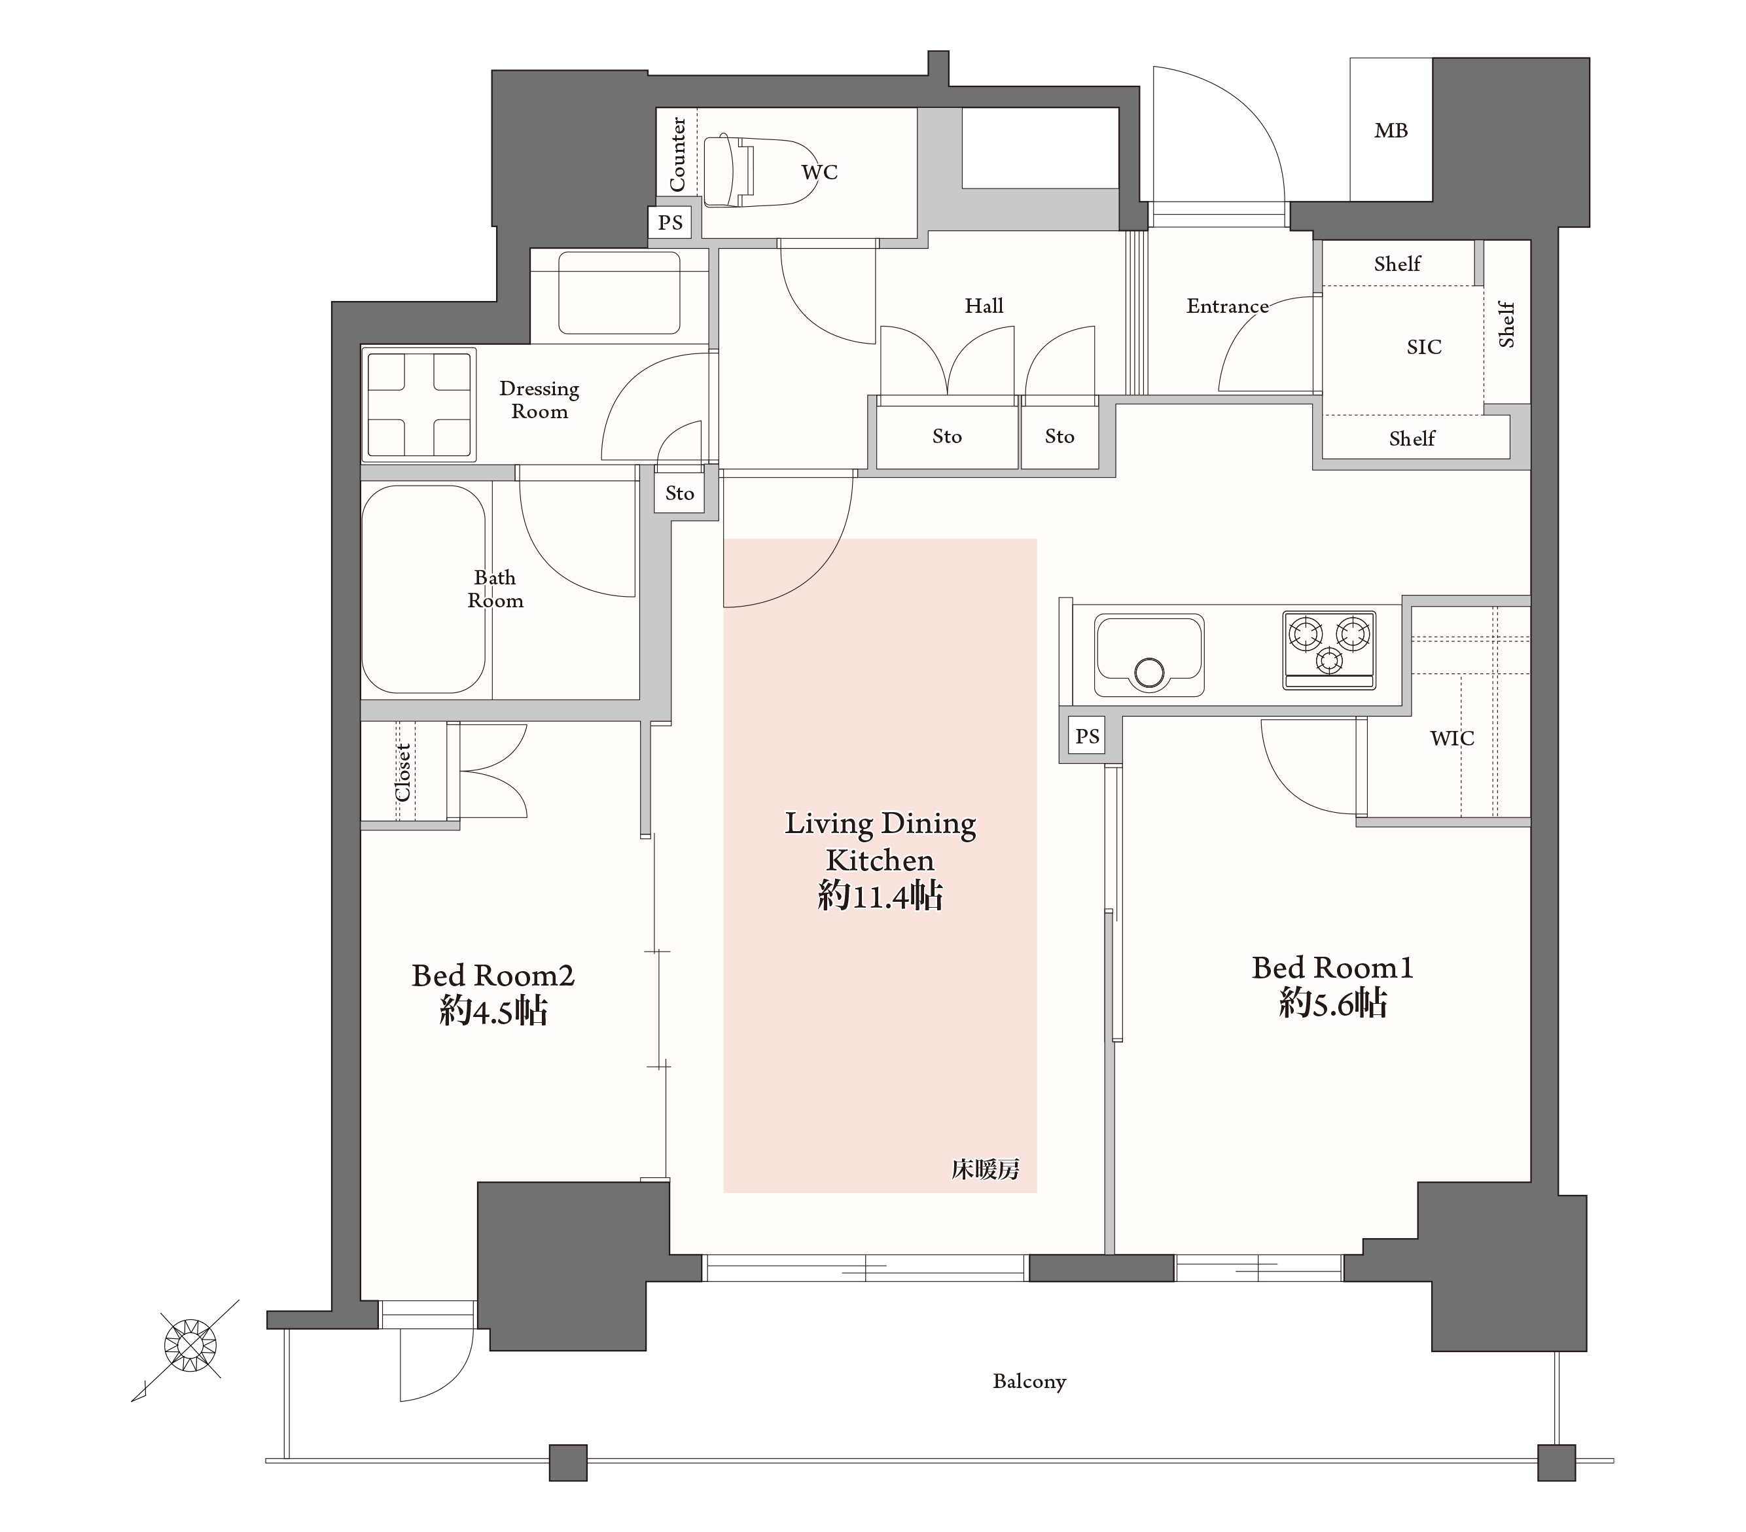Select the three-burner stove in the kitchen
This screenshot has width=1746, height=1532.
coord(1328,650)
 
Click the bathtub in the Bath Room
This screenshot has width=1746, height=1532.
coord(423,590)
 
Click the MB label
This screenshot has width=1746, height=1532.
coord(1391,131)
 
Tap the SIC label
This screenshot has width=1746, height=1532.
coord(1424,347)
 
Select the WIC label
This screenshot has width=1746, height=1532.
coord(1452,738)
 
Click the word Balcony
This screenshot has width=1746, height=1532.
coord(1029,1381)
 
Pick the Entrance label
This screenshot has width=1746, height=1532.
coord(1228,306)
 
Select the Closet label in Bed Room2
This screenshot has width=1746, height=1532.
coord(402,772)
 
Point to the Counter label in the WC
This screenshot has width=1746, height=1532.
coord(677,154)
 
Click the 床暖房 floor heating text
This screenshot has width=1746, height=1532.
coord(986,1169)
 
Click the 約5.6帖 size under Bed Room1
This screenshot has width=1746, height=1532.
coord(1332,1003)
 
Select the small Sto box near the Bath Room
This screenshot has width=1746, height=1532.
coord(680,493)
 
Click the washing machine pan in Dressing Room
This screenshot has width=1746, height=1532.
coord(419,404)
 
